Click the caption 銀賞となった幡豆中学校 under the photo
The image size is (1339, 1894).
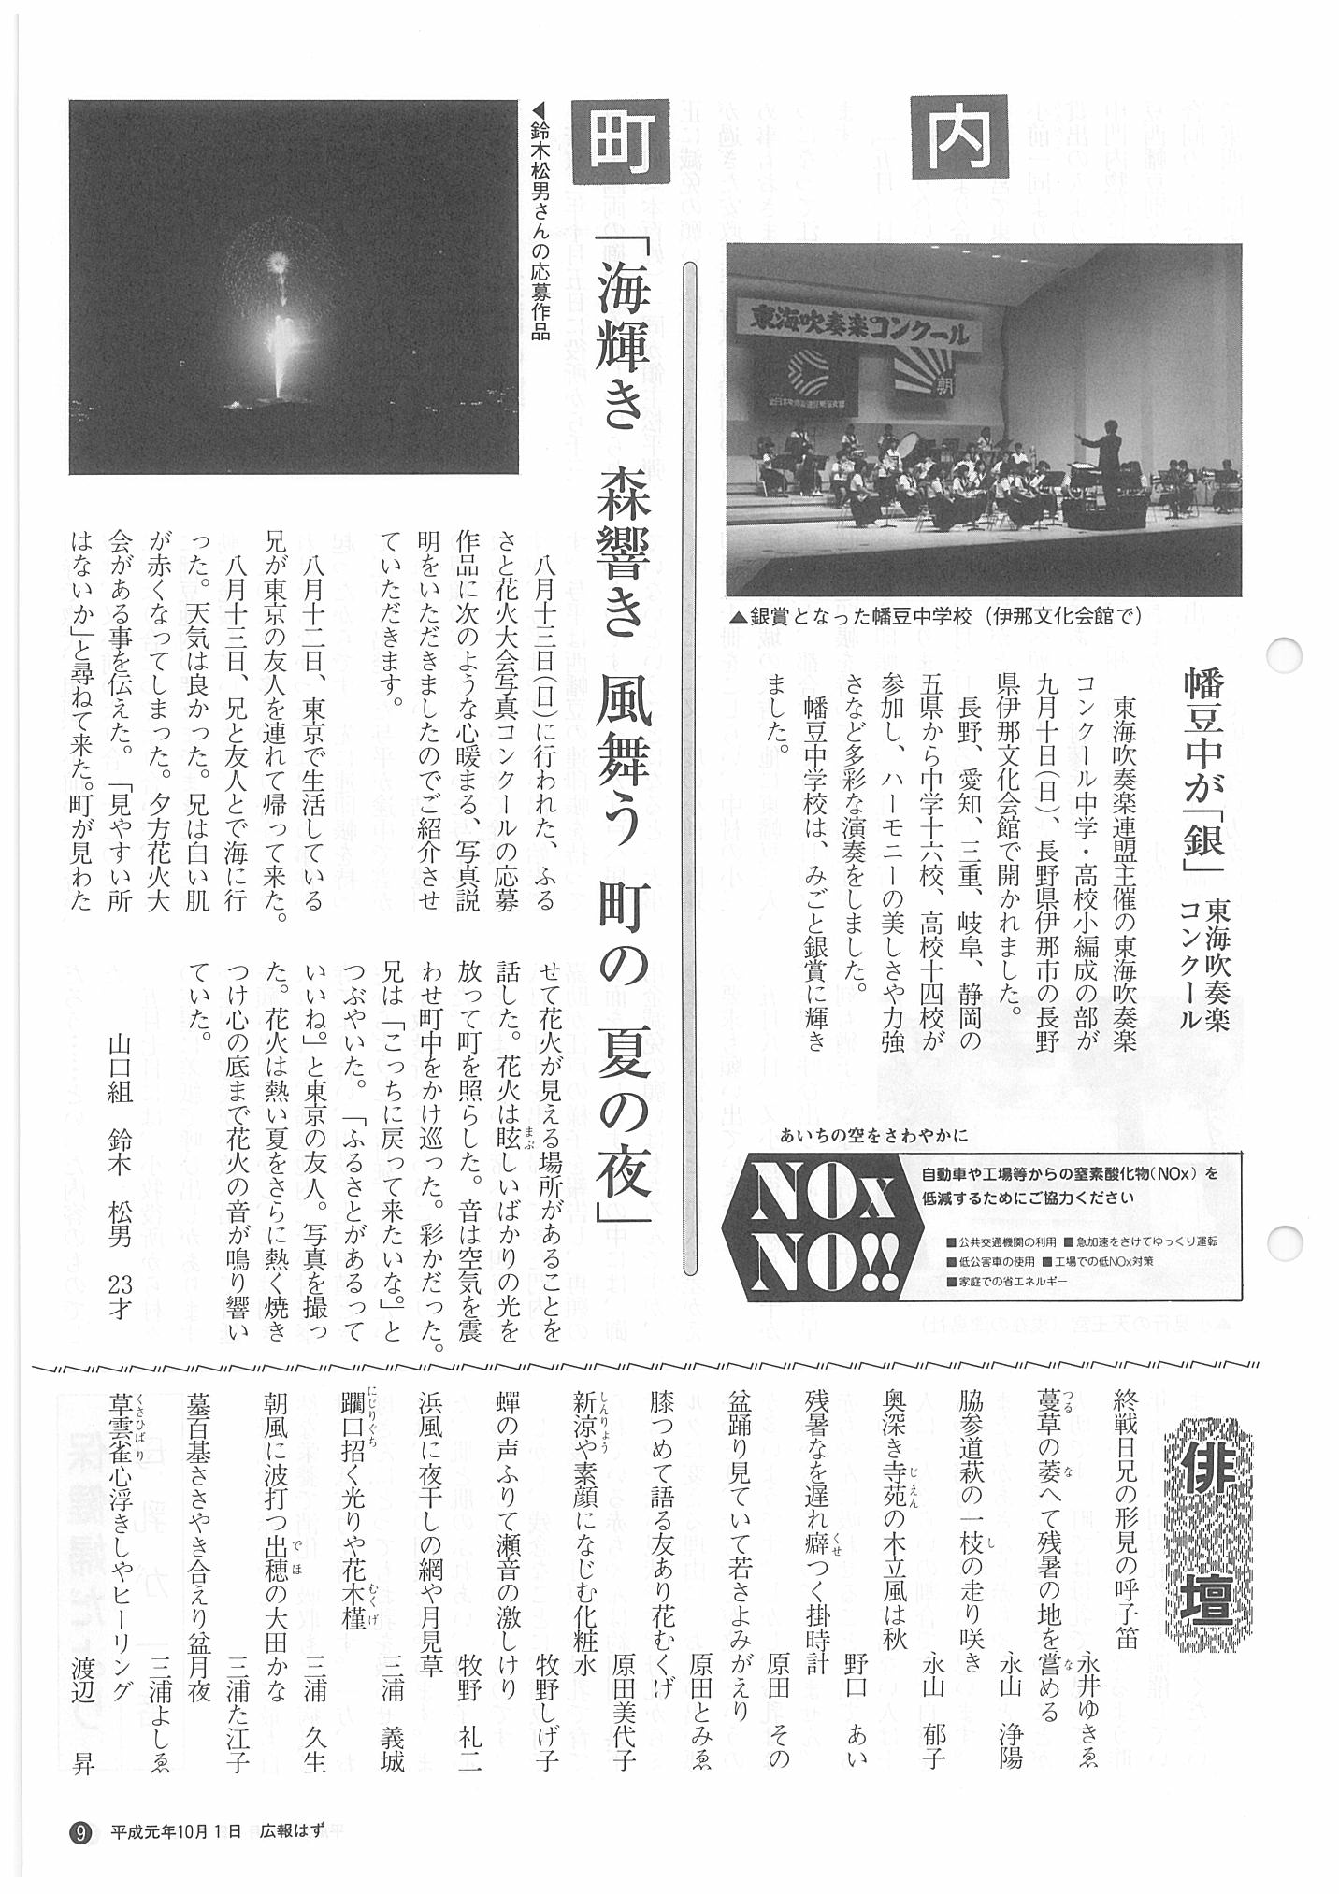[935, 618]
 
